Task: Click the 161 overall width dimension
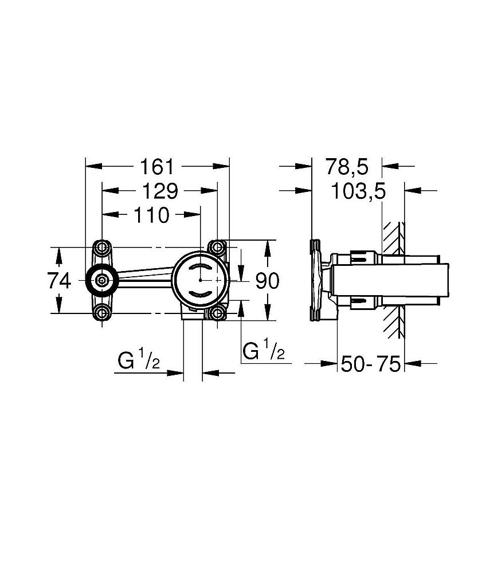point(157,167)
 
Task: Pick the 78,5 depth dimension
point(346,167)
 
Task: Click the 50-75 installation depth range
point(370,363)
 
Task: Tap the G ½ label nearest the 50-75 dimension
point(264,351)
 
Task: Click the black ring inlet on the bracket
point(103,280)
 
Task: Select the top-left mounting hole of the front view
point(103,248)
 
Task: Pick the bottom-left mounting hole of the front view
point(103,313)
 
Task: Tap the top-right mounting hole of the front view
point(217,248)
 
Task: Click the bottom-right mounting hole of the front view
point(217,313)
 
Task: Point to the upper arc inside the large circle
point(200,269)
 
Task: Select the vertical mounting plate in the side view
point(315,280)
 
